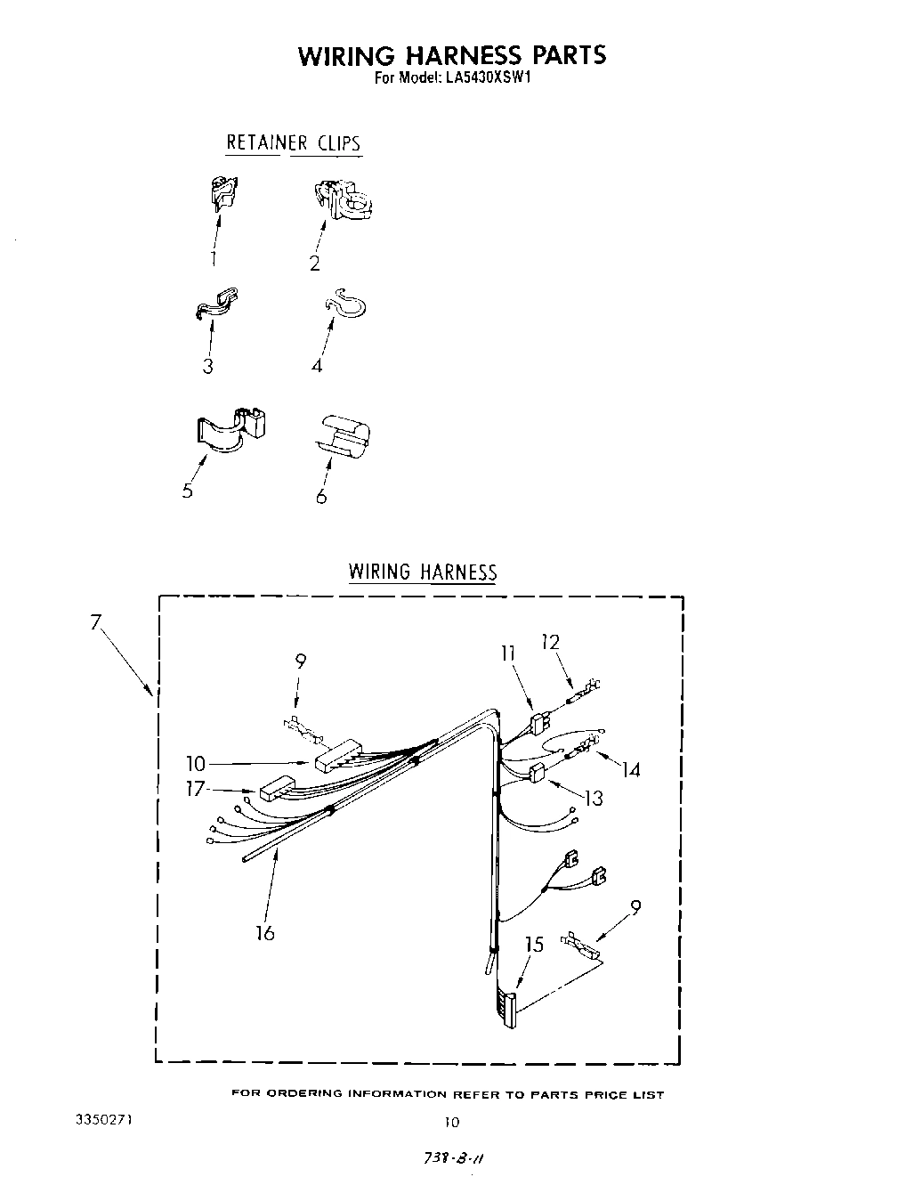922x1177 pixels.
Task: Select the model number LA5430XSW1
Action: tap(488, 77)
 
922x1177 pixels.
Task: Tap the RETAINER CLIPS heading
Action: tap(293, 142)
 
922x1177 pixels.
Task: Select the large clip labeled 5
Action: tap(230, 427)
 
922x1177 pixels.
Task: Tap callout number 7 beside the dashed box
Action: tap(96, 623)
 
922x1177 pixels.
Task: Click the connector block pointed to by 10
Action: tap(336, 754)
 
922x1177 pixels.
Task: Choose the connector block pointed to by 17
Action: tap(276, 788)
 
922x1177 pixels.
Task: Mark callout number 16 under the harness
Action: tap(264, 932)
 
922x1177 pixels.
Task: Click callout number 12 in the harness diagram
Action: tap(550, 642)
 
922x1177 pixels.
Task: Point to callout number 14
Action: tap(630, 768)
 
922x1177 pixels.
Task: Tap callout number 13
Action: tap(593, 799)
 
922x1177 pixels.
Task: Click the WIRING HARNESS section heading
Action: tap(422, 572)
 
